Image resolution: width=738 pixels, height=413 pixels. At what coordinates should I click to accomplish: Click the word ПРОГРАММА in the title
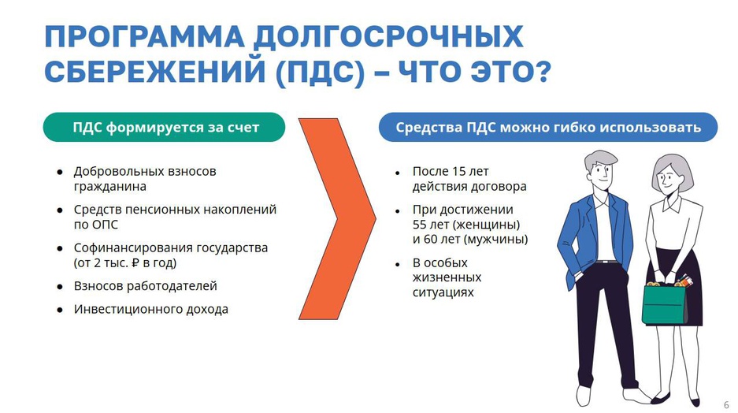point(144,36)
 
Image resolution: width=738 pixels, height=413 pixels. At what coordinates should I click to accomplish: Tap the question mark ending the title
point(542,72)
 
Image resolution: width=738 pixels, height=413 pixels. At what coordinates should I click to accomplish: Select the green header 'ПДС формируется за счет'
point(165,127)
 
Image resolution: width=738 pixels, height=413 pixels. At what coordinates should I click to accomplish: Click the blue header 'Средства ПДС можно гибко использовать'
point(548,127)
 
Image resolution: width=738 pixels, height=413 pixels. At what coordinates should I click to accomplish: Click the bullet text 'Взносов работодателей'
point(146,286)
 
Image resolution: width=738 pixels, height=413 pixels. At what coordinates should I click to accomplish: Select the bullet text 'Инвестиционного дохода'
point(151,310)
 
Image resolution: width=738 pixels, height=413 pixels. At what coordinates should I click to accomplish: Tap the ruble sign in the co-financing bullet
point(135,262)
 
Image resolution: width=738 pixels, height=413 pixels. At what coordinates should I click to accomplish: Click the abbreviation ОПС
point(103,225)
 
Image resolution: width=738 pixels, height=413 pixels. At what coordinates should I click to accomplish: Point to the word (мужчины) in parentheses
point(496,240)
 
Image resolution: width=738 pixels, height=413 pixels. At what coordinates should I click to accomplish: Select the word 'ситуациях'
point(443,292)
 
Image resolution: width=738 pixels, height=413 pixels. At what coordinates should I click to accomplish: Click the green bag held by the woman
point(665,303)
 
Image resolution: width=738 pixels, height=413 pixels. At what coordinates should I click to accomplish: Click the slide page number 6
point(727,404)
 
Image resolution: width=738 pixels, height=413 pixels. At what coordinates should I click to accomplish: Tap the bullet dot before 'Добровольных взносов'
point(60,173)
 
